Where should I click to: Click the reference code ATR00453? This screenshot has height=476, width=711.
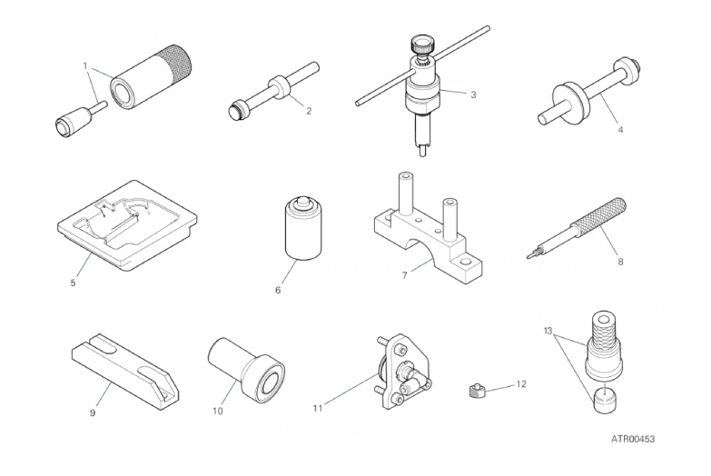[633, 439]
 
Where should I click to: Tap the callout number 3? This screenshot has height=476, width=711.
[473, 94]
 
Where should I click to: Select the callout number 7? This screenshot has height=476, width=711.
[404, 275]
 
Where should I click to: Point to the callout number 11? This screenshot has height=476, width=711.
[318, 409]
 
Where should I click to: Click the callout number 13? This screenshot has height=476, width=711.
[548, 331]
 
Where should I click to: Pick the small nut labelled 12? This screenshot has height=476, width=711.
[475, 390]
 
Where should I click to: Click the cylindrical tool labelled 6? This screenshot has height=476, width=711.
[303, 229]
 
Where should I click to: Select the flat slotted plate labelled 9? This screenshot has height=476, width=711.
[125, 372]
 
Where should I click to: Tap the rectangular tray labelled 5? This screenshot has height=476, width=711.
[127, 225]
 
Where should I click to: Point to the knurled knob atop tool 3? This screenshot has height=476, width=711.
[421, 45]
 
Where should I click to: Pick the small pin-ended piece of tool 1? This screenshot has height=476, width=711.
[81, 119]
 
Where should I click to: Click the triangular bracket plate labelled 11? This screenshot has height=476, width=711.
[402, 372]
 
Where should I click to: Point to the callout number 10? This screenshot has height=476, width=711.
[218, 412]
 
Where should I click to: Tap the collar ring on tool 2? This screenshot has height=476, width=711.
[279, 87]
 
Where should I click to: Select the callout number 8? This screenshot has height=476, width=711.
[620, 262]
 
